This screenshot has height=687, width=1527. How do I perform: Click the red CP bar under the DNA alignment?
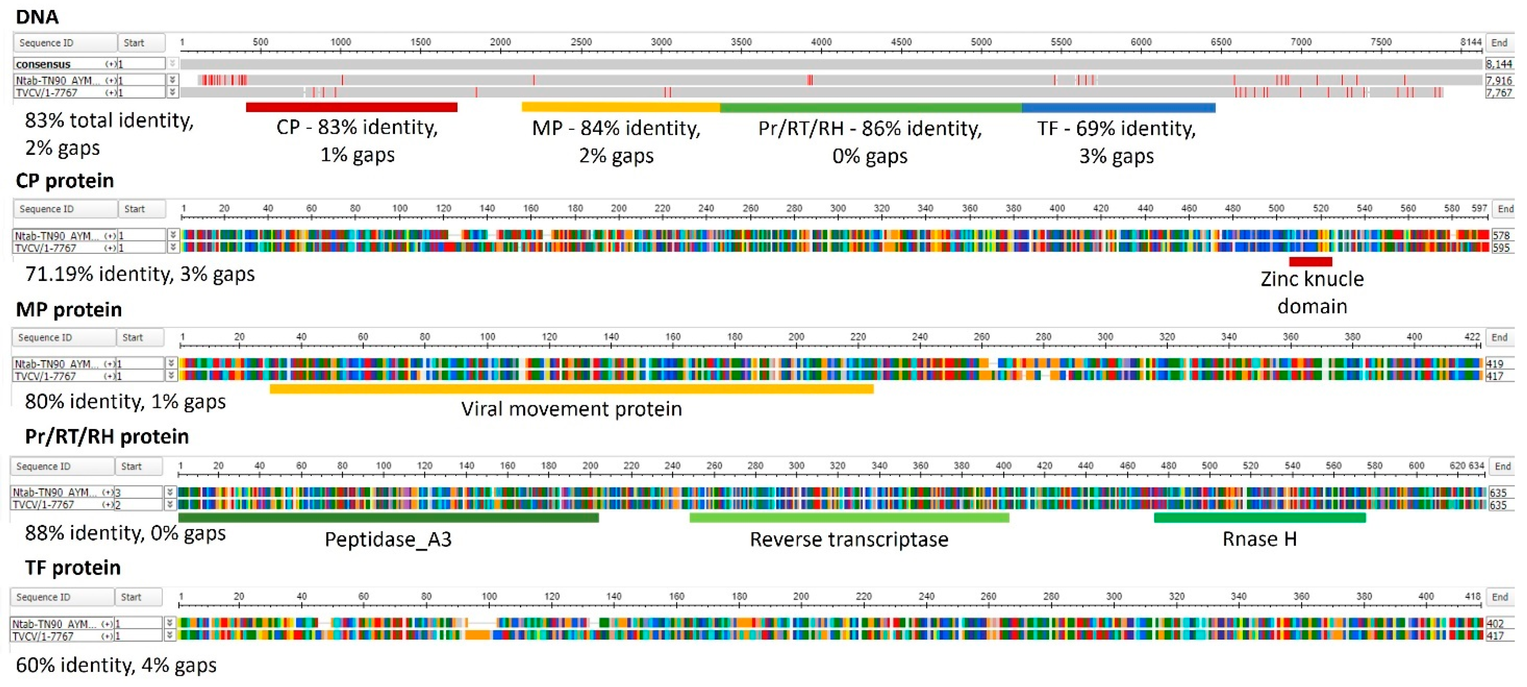click(351, 107)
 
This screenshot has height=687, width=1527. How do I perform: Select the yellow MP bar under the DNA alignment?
click(621, 107)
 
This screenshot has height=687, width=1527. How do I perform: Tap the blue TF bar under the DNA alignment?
click(1119, 107)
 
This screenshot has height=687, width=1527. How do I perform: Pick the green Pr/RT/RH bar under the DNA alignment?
click(871, 107)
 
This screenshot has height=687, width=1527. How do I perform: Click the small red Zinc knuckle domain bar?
click(1311, 261)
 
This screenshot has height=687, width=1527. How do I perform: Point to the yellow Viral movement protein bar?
click(572, 388)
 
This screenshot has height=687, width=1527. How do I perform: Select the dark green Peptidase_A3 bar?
click(388, 517)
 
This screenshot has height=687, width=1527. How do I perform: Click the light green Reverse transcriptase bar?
click(849, 517)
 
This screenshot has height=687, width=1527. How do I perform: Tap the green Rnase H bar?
click(1260, 517)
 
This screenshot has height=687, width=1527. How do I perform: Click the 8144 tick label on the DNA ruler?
click(1470, 42)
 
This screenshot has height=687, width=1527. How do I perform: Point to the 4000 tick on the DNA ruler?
click(821, 42)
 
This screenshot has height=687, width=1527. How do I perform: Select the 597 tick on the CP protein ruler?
click(1479, 208)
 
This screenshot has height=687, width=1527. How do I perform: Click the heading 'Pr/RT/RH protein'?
click(107, 437)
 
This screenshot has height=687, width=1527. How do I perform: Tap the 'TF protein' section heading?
click(73, 568)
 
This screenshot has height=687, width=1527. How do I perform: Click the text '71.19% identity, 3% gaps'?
click(140, 274)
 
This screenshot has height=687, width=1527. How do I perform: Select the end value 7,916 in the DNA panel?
click(1499, 80)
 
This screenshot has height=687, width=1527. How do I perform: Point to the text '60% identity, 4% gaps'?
click(116, 665)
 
